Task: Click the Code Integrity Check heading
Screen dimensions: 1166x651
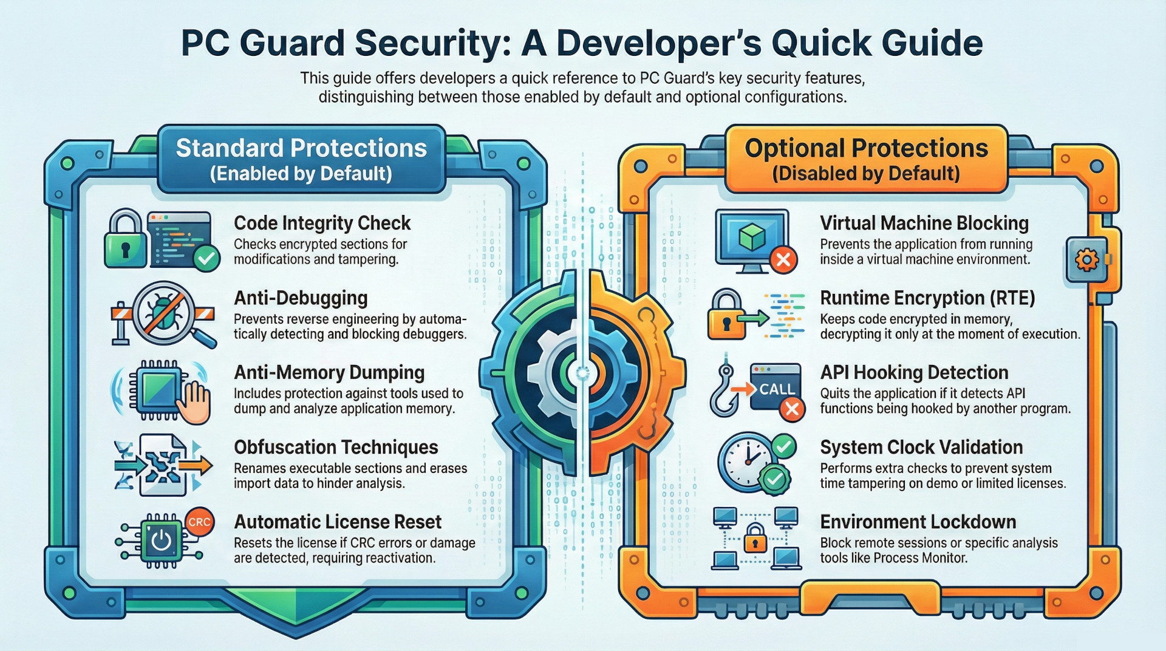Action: coord(322,223)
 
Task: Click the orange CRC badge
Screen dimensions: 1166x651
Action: coord(199,522)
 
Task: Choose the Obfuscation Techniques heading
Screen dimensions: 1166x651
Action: coord(336,448)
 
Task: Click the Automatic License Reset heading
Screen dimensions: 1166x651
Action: coord(338,522)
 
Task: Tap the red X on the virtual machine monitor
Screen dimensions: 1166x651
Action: coord(783,260)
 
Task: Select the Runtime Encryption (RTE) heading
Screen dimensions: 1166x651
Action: coord(927,298)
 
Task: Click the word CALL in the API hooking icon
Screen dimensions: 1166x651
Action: coord(777,389)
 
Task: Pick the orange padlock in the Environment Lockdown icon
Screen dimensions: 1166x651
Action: coord(755,538)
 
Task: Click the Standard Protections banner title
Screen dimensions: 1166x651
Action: coord(301,148)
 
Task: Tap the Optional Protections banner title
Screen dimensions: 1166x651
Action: coord(867,148)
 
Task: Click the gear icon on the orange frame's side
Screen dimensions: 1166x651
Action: coord(1086,260)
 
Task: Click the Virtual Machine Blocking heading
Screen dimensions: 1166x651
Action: coord(924,223)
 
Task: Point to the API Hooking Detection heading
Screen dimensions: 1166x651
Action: coord(914,372)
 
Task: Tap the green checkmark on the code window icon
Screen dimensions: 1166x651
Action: coord(206,259)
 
